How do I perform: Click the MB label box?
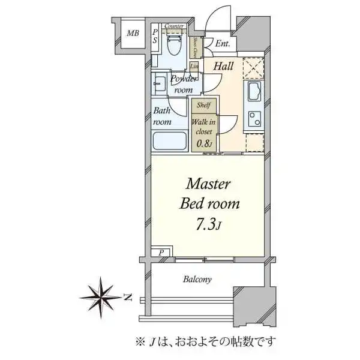tap(132, 34)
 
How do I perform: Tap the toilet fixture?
tap(174, 44)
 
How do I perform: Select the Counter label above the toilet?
tap(174, 26)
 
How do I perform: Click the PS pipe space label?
tap(155, 35)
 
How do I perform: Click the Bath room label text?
tap(162, 116)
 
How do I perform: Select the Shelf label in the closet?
tap(203, 104)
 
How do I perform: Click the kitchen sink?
tap(253, 93)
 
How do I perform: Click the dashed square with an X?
tap(254, 68)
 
